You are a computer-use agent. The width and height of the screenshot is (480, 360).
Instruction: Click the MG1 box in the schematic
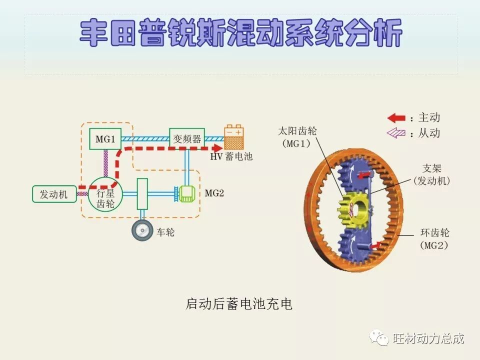tap(105, 139)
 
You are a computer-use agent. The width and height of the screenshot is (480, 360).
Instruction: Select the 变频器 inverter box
tap(187, 139)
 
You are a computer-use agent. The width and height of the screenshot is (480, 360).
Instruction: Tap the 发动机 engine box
tap(54, 194)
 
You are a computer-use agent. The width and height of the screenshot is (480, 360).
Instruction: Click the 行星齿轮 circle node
tap(104, 194)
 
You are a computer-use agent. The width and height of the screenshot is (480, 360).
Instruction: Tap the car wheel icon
tap(142, 230)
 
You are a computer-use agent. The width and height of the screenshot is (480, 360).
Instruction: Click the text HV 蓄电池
tap(231, 157)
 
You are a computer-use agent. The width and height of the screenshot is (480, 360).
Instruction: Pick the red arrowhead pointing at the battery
tap(216, 148)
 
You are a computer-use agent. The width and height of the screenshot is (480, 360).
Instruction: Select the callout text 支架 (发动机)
tap(431, 174)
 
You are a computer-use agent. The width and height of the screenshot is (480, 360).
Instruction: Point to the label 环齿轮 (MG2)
tap(434, 238)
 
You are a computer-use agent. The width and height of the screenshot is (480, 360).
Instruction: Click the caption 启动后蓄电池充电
tap(239, 303)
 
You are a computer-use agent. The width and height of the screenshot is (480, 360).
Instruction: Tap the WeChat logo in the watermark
tap(379, 338)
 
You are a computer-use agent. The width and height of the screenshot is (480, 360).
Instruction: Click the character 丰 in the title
tap(95, 33)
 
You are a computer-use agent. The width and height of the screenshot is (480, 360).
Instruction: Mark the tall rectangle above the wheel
tap(142, 194)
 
